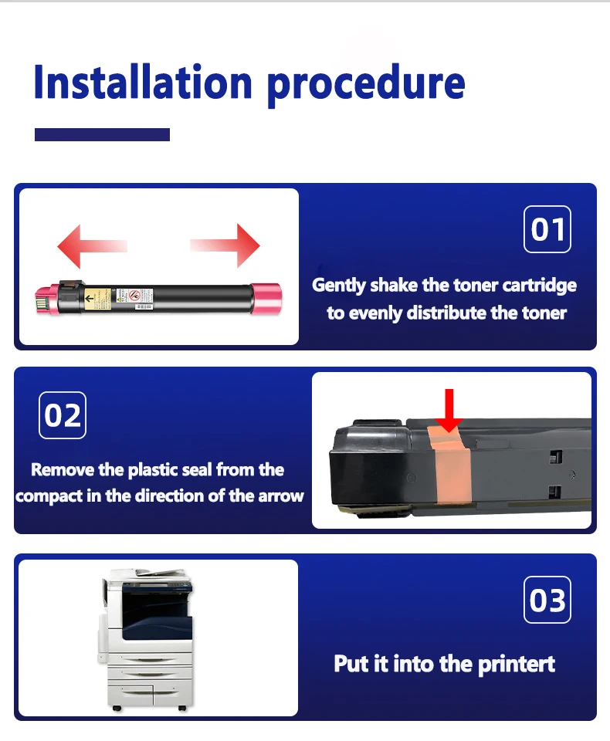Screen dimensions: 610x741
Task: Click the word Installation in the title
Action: tap(143, 83)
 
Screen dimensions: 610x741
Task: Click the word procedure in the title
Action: tap(366, 86)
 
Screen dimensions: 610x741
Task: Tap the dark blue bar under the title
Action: tap(102, 134)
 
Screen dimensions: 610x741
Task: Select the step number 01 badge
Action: tap(547, 229)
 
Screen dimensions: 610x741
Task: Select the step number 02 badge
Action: tap(63, 415)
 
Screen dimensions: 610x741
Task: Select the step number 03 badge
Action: tap(547, 600)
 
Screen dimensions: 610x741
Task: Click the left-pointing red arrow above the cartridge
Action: tap(92, 246)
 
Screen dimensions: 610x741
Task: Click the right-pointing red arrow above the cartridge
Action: tap(225, 245)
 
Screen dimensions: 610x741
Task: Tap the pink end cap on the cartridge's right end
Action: tap(266, 298)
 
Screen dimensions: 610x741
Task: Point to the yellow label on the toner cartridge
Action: tap(98, 299)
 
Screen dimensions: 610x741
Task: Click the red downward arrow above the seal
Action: tap(449, 410)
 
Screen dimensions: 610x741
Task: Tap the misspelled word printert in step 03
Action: tap(517, 665)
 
